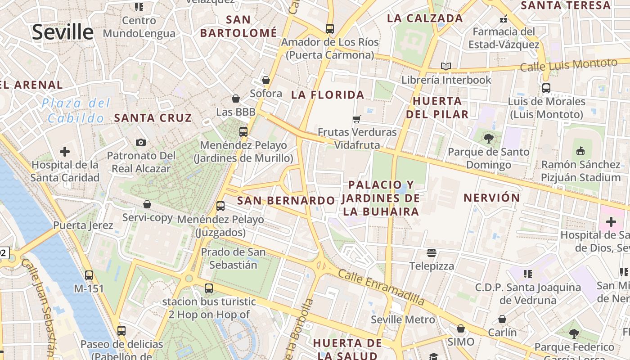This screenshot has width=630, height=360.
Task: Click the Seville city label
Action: pyautogui.click(x=63, y=32)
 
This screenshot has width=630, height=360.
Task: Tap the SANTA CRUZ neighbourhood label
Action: pyautogui.click(x=153, y=118)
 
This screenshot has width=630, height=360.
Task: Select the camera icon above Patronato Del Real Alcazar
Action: pyautogui.click(x=141, y=142)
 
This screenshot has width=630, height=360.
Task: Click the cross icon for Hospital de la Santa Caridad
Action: pyautogui.click(x=65, y=151)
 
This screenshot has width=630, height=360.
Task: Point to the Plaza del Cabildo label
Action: pyautogui.click(x=76, y=111)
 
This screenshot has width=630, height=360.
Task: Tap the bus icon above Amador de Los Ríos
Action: pyautogui.click(x=330, y=29)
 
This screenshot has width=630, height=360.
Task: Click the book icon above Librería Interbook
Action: pyautogui.click(x=446, y=67)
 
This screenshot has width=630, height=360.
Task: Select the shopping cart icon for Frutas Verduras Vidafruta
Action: pyautogui.click(x=357, y=119)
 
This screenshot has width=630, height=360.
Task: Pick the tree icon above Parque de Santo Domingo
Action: pyautogui.click(x=489, y=138)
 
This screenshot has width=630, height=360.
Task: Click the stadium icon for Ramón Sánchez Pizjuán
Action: pyautogui.click(x=580, y=151)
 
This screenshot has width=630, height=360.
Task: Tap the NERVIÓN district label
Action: pyautogui.click(x=492, y=198)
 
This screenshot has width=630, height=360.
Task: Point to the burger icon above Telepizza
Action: pyautogui.click(x=432, y=252)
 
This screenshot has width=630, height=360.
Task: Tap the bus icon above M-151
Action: pyautogui.click(x=89, y=275)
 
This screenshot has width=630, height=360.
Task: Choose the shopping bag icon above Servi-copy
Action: pyautogui.click(x=147, y=204)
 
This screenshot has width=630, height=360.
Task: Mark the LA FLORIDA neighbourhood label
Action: pyautogui.click(x=328, y=94)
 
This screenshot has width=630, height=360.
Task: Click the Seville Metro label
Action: pyautogui.click(x=403, y=319)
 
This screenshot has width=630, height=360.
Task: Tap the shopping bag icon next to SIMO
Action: pyautogui.click(x=461, y=328)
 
